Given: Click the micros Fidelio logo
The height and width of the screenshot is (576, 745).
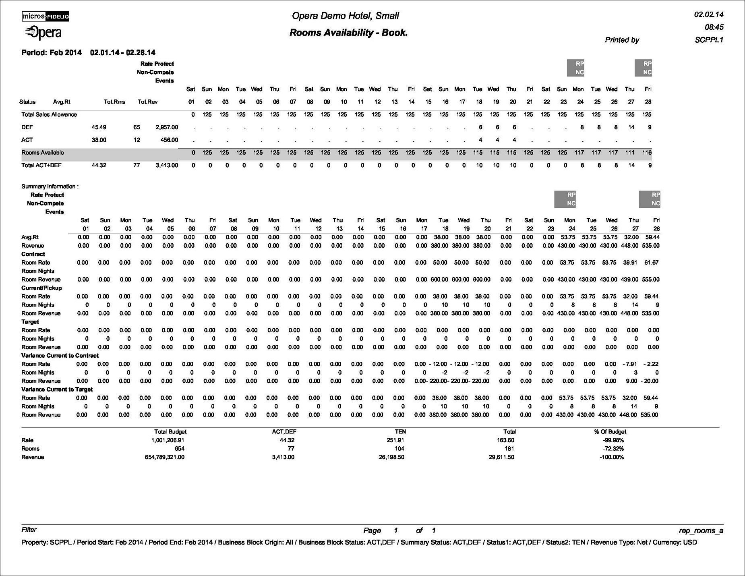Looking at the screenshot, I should pos(46,17).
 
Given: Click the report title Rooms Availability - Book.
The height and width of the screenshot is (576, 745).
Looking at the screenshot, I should pos(348,33).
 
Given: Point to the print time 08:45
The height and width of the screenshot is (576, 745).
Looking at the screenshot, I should pos(714,27).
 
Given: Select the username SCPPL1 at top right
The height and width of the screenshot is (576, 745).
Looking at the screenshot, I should pos(709,40).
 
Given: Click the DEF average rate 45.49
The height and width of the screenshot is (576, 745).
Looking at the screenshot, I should pos(99,127).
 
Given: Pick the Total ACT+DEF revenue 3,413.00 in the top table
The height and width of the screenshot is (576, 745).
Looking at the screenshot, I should pos(167,165).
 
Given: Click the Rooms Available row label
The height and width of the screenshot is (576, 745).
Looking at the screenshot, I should pos(43,153).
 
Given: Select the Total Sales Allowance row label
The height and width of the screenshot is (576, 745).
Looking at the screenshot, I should pos(49,114).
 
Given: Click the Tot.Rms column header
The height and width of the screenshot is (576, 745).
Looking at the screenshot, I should pos(114,102).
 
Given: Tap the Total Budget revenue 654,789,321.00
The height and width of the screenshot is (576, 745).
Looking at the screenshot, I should pos(164,457).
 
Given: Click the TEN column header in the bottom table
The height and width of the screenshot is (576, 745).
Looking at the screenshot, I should pos(400,432).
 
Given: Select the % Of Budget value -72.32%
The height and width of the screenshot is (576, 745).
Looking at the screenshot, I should pos(611,449).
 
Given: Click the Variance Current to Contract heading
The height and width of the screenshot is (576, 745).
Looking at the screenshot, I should pos(60,356).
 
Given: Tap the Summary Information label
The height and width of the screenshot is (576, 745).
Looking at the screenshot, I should pos(50,186).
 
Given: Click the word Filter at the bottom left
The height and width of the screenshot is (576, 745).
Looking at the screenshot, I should pos(29,530).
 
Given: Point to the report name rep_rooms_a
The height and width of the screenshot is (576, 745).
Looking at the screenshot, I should pos(701,531).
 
